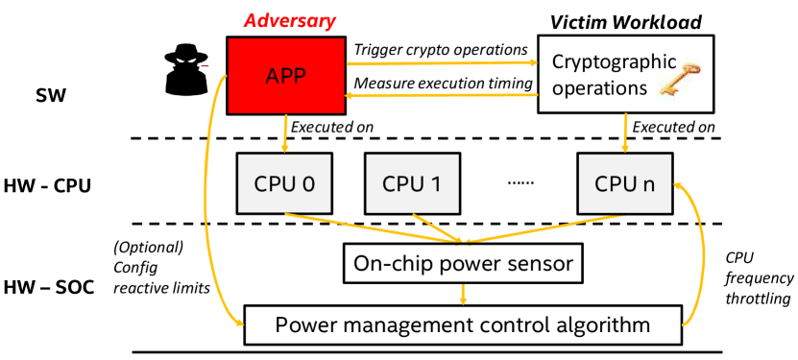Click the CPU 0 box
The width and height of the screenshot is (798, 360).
pos(283,182)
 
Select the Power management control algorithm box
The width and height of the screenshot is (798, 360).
pos(464,324)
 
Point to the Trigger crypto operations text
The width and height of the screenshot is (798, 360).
pos(441,49)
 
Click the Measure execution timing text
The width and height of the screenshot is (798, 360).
pos(443,84)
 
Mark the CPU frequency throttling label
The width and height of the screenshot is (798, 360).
pos(759,278)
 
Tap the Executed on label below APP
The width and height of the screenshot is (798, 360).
pos(331,126)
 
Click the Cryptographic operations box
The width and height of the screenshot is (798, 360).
pos(625,74)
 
